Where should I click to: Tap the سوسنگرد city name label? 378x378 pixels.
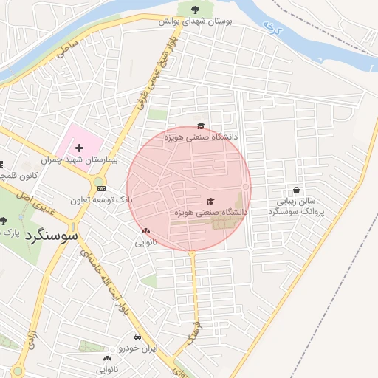point(52,236)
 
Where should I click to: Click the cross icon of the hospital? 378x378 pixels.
point(79,148)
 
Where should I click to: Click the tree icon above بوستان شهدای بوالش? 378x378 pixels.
point(195,10)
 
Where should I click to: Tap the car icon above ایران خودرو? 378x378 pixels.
point(137,337)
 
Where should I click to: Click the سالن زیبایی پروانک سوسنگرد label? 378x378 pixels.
point(296,206)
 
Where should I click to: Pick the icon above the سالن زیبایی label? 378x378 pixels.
point(296,190)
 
